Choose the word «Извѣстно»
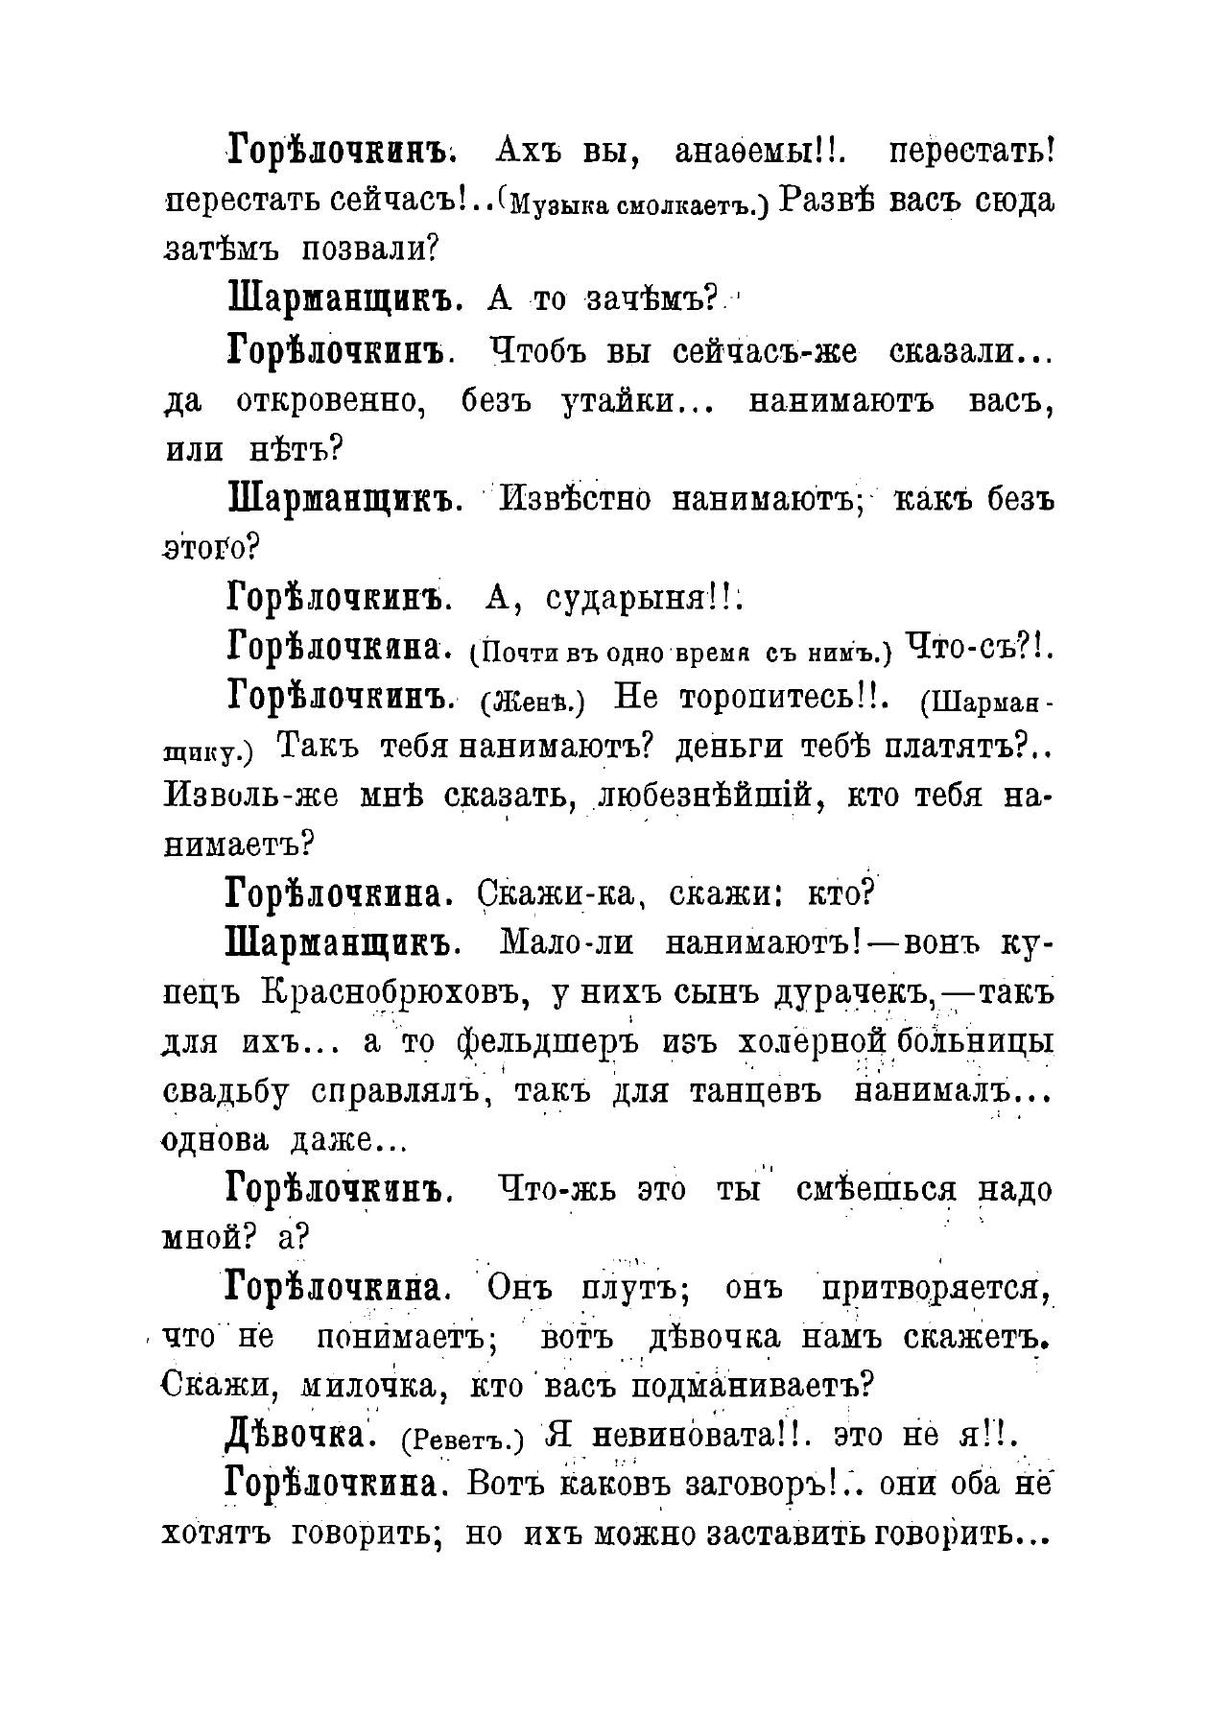[x=575, y=501]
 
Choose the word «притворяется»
[x=933, y=1289]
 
